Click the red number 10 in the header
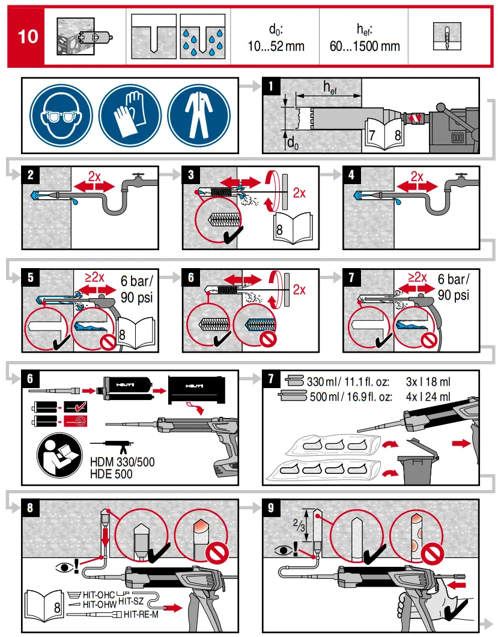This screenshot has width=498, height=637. tap(27, 36)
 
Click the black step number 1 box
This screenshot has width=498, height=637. tap(272, 86)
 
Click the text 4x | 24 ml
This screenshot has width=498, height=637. tap(428, 396)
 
